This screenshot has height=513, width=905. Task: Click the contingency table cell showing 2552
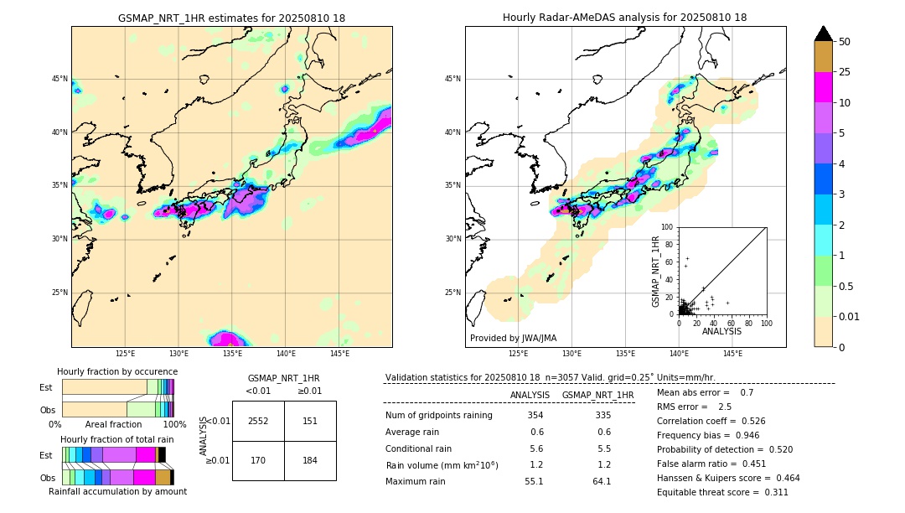coord(258,421)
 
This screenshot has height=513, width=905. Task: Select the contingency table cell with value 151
coord(310,421)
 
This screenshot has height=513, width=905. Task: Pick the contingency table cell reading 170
coord(258,460)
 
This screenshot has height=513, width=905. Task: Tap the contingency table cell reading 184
coord(310,460)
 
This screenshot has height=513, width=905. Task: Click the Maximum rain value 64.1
coord(602,481)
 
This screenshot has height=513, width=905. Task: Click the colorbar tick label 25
coord(845,73)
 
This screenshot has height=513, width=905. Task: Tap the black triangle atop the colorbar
coord(824,34)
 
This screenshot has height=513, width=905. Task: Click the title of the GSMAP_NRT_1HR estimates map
coord(231,18)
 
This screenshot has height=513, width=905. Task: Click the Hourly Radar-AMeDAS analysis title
coord(625,18)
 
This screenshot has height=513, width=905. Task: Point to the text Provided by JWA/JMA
coord(513,338)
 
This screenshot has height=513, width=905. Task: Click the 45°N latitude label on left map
coord(59,79)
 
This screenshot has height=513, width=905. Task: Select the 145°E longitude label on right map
coord(732,354)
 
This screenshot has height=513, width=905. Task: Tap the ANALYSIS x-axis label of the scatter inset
coord(721,331)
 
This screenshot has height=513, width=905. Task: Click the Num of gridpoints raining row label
coord(438,415)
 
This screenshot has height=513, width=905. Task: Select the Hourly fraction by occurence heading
coord(117,371)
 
